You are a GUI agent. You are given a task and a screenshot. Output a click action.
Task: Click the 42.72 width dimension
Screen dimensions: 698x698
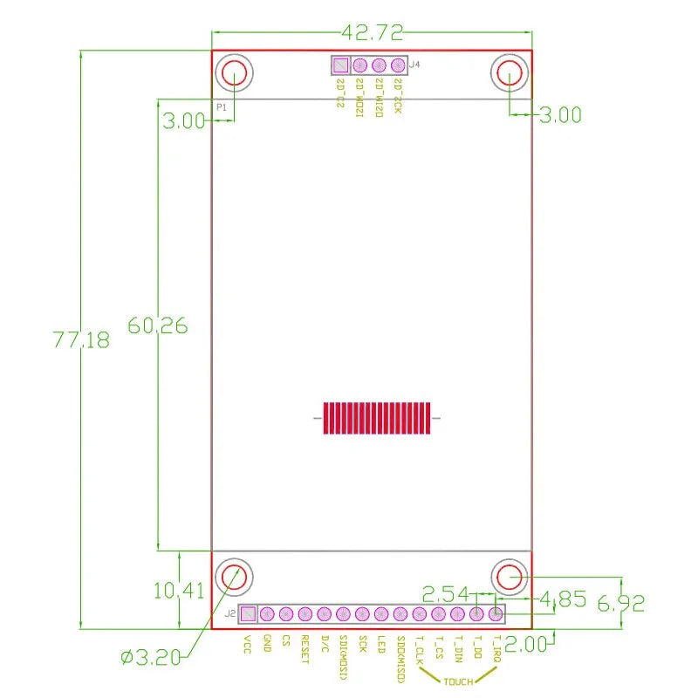373,33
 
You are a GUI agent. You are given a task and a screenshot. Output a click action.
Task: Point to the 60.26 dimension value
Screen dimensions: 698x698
157,325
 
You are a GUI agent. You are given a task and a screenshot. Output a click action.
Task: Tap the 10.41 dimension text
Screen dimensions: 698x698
178,591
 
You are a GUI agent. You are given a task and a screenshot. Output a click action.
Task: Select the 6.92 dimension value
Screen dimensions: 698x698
620,603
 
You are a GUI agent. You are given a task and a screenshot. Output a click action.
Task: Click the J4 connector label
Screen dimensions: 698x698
414,65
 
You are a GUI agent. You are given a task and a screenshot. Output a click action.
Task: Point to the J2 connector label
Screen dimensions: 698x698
229,613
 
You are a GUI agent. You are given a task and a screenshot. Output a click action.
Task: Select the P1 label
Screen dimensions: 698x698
222,106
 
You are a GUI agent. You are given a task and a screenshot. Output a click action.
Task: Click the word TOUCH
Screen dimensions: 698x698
458,681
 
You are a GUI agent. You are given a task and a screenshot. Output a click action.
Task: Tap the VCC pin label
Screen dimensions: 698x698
247,645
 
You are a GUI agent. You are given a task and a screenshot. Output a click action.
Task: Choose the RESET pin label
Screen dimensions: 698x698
305,649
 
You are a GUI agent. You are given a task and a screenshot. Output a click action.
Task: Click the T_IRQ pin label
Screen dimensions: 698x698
496,650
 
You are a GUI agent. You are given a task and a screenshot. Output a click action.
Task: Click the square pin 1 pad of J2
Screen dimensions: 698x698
248,614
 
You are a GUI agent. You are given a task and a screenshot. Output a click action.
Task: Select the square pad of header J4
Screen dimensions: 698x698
340,65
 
